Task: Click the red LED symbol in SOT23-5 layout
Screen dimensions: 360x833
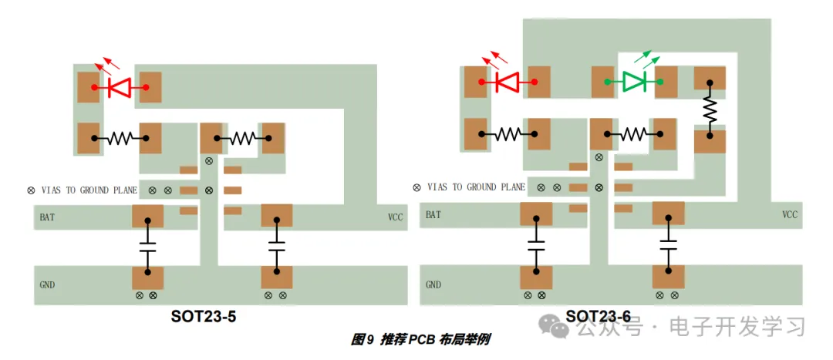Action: [x=119, y=87]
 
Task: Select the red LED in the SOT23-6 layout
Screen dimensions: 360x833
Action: [x=507, y=81]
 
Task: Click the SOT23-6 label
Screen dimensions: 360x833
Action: [x=598, y=316]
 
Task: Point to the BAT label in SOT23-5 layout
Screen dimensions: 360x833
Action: [x=47, y=217]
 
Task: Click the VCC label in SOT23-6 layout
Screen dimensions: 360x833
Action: [x=790, y=214]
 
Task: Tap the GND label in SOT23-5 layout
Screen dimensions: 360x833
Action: [x=47, y=284]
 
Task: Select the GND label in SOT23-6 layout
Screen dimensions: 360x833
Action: [x=433, y=284]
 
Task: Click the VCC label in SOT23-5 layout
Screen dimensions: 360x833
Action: [x=395, y=217]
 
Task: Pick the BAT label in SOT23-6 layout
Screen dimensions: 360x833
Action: [x=433, y=214]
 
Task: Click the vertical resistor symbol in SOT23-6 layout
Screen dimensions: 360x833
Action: [x=710, y=112]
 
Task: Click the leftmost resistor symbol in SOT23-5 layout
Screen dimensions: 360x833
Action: [x=120, y=139]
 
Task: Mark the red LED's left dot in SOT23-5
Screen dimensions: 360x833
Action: [x=94, y=88]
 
